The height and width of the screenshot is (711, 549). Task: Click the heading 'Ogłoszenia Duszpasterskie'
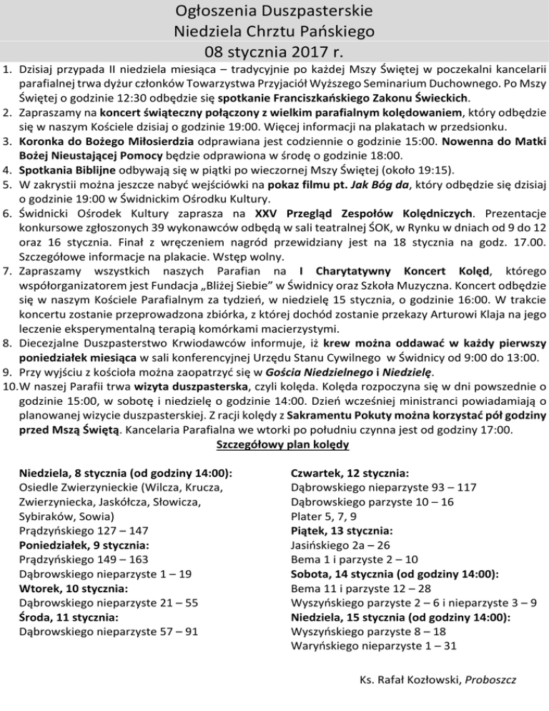pos(274,12)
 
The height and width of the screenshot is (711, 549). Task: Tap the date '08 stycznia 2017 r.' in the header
pos(274,52)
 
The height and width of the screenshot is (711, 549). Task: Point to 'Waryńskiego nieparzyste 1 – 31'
pos(370,646)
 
